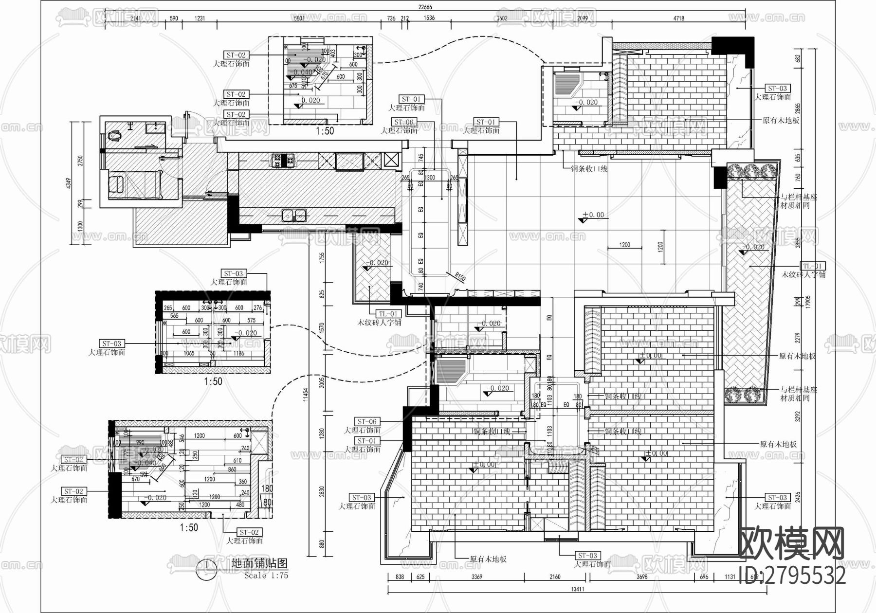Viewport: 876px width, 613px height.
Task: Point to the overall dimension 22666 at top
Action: tap(425, 7)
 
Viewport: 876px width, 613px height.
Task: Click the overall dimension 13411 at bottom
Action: tap(577, 589)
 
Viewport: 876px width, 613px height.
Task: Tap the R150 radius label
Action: tap(460, 277)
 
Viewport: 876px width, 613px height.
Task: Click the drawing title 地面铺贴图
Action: tap(259, 563)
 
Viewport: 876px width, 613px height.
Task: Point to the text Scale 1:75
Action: tap(266, 576)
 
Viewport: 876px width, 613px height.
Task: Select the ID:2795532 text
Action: tap(792, 576)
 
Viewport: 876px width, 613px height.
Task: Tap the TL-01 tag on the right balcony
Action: tap(813, 266)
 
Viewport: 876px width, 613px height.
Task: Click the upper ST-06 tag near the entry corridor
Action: tap(403, 122)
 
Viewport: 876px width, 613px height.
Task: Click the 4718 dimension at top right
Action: tap(678, 18)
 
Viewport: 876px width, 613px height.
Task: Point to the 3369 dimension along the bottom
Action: tap(476, 577)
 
